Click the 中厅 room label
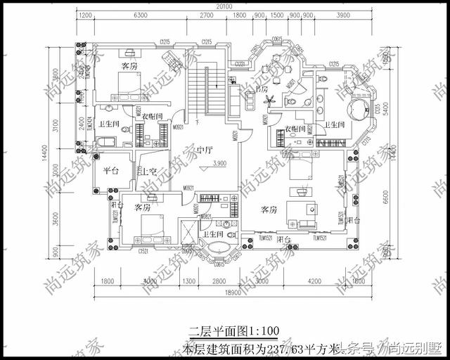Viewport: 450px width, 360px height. coord(205,149)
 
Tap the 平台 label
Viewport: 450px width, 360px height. coord(111,170)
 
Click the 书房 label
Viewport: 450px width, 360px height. coord(263,89)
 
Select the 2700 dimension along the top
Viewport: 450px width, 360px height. coord(207,15)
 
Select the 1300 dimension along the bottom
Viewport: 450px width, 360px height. coord(189,281)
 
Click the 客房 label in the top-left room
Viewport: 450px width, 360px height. coord(129,66)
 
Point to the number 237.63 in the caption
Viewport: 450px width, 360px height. coord(297,348)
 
